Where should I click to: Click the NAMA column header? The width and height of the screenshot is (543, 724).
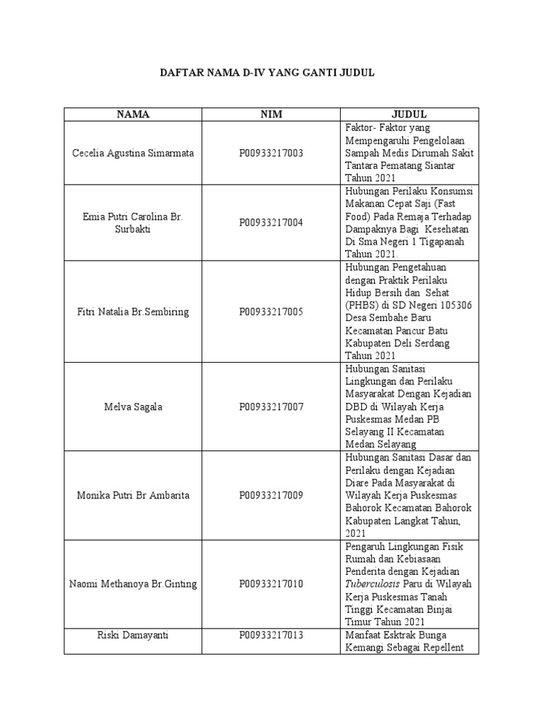coord(134,115)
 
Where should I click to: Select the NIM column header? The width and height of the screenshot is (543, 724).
coord(271,115)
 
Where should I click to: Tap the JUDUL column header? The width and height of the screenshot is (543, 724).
coord(409,115)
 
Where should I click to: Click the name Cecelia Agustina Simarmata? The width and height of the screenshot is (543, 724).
coord(134,153)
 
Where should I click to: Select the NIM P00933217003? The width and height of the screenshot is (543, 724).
coord(271,153)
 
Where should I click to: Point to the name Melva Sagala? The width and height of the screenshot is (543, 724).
coord(134,407)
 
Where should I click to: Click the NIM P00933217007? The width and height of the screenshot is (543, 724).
coord(271,407)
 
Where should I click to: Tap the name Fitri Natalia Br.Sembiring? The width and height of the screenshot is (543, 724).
coord(134,311)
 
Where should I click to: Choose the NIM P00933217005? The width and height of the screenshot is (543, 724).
coord(271,311)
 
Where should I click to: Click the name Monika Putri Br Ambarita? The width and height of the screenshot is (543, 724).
coord(134,495)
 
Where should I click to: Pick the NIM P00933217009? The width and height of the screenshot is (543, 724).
coord(271,495)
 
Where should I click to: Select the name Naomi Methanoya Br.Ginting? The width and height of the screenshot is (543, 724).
coord(134,583)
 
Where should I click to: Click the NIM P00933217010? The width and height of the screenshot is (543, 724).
coord(271,583)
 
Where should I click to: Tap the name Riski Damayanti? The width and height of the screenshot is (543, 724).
coord(134,635)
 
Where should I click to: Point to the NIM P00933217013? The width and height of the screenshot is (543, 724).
coord(271,635)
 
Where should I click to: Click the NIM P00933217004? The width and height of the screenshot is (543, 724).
coord(271,223)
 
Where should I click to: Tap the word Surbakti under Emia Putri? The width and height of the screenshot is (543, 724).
coord(134,230)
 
